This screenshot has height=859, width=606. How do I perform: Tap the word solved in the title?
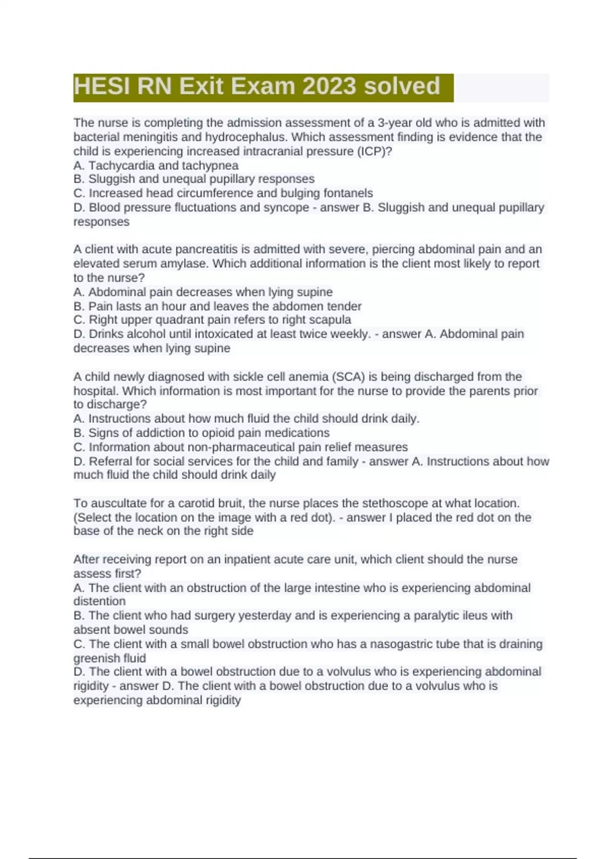402,86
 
